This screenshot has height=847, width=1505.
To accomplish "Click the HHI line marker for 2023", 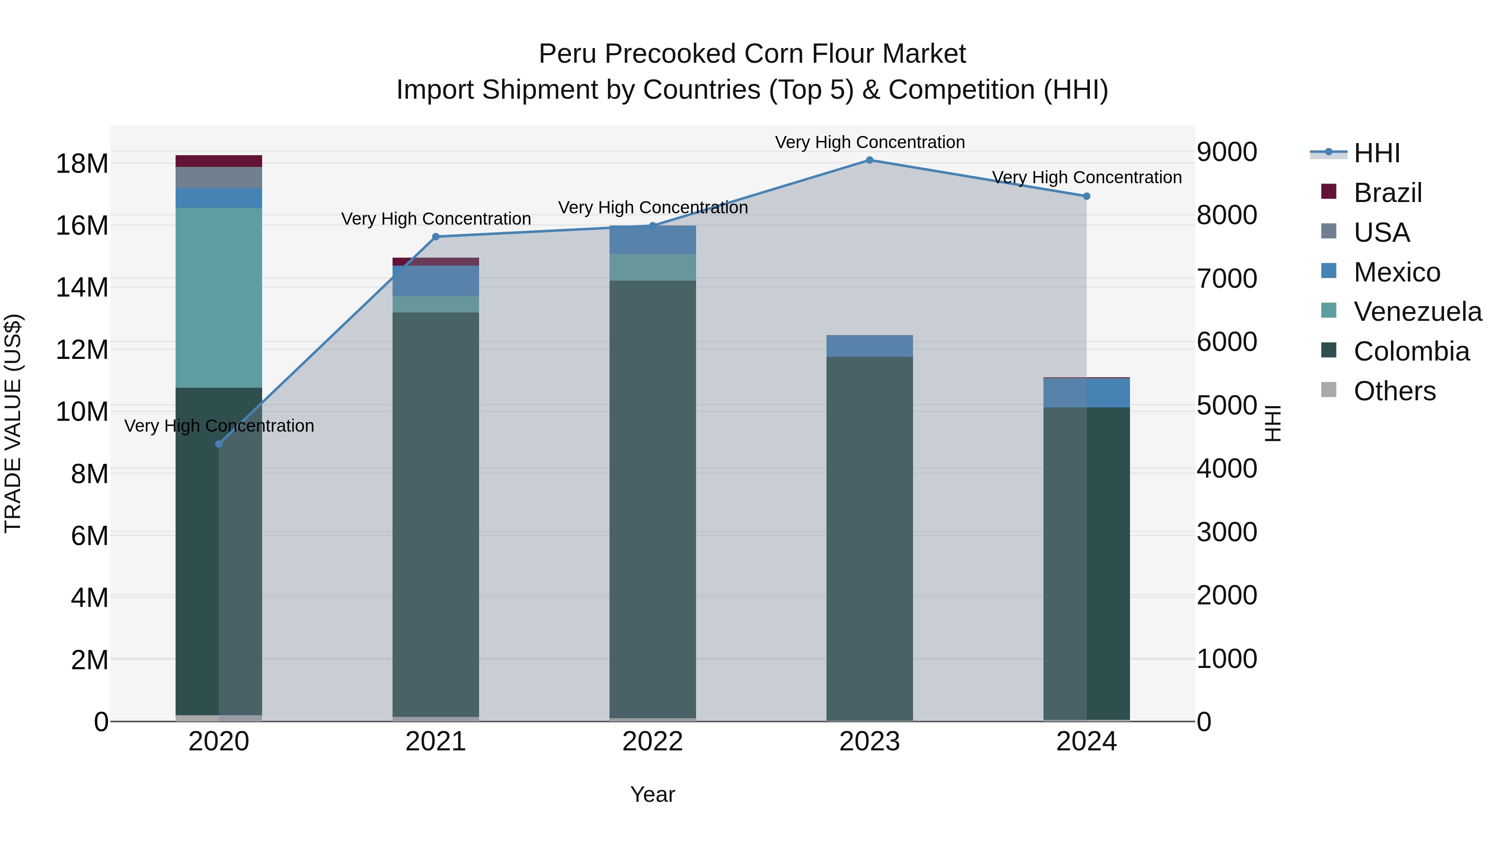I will coord(870,160).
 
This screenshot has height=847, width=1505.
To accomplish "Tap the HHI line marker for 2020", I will coord(219,444).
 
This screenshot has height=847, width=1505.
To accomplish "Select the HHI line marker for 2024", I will coord(1086,197).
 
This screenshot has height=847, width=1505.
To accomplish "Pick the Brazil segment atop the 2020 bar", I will coord(219,161).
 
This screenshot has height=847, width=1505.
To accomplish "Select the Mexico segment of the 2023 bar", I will coord(870,346).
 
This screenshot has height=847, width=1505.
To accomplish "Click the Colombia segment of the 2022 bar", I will coord(653,497).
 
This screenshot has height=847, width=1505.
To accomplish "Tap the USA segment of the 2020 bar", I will coord(219,178).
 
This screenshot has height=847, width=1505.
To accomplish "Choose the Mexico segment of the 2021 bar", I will coord(436,281).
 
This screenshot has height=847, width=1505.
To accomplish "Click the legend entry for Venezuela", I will coord(1417,312).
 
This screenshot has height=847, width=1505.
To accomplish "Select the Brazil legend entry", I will coord(1387,193).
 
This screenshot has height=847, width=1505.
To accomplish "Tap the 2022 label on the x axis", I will coord(653,742).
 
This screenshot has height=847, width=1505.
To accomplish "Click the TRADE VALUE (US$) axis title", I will coord(13,423).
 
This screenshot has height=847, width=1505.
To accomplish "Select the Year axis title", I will coord(653,794).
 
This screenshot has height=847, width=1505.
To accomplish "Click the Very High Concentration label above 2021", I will coord(436,219).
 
